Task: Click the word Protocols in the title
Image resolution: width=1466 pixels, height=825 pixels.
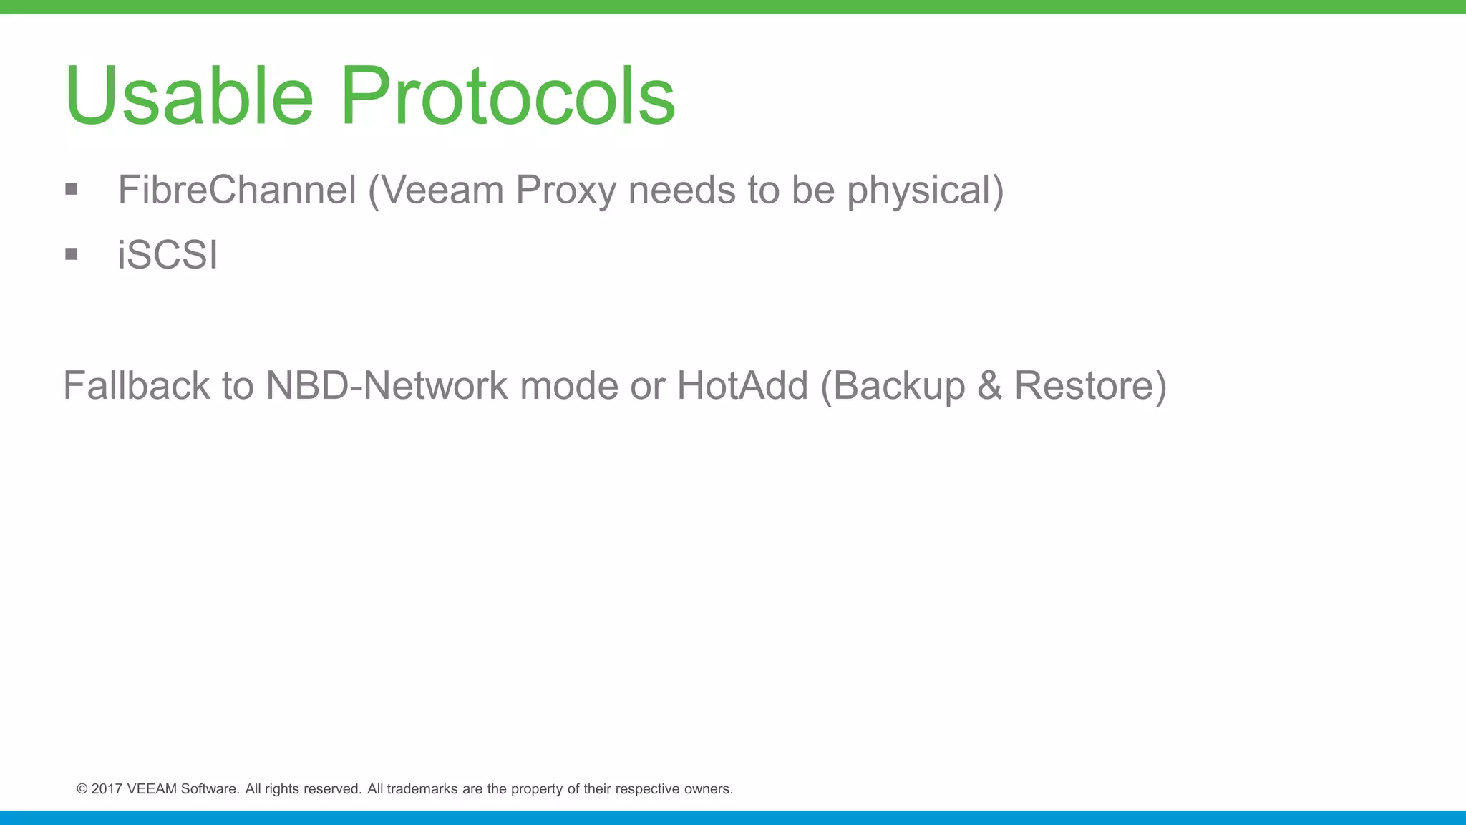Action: coord(508,96)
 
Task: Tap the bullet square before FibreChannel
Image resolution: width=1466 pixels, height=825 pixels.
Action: coord(71,189)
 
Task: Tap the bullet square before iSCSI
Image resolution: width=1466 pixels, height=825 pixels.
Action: coord(71,254)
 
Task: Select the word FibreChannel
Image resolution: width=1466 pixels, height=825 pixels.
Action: coord(237,190)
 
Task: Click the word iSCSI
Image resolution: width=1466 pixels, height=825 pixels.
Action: coord(168,255)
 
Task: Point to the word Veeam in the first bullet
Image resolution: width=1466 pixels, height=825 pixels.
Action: coord(442,190)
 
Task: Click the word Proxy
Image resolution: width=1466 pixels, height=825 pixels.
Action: coord(565,190)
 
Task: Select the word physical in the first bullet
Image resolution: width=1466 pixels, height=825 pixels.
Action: coord(924,190)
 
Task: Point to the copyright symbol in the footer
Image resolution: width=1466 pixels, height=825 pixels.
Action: coord(82,789)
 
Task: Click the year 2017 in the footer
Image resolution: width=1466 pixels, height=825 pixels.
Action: coord(107,789)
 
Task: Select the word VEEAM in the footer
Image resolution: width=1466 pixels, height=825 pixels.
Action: coord(152,789)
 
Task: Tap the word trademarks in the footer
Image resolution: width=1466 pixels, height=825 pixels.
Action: coord(422,789)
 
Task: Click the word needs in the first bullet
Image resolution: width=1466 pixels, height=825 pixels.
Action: coord(681,190)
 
